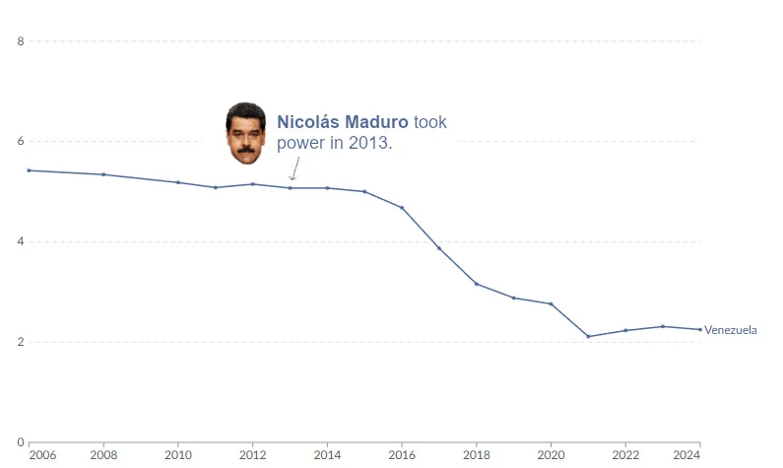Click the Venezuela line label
point(731,330)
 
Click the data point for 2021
point(588,337)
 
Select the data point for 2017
point(439,248)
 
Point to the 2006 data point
point(29,170)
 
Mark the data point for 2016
point(402,208)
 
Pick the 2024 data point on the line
point(700,330)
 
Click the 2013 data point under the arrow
point(291,188)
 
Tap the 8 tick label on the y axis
point(20,41)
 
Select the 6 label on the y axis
point(20,142)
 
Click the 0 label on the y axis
point(20,442)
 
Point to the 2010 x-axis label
point(178,455)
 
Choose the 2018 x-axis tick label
point(477,455)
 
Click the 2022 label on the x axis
point(625,455)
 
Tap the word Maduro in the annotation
point(374,123)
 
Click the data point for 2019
point(514,298)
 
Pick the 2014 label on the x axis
point(327,455)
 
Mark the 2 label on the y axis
point(20,343)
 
